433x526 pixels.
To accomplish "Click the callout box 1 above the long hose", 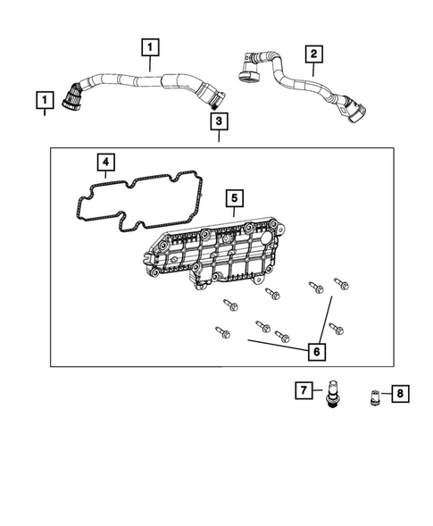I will [x=150, y=46].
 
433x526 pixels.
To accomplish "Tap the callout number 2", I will [x=312, y=54].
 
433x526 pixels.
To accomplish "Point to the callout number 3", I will [x=219, y=121].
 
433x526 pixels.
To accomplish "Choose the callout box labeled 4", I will [x=106, y=163].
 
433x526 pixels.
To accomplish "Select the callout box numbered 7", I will [x=304, y=390].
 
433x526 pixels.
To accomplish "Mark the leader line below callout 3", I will [x=219, y=137].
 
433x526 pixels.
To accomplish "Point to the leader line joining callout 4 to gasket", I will [x=106, y=179].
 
